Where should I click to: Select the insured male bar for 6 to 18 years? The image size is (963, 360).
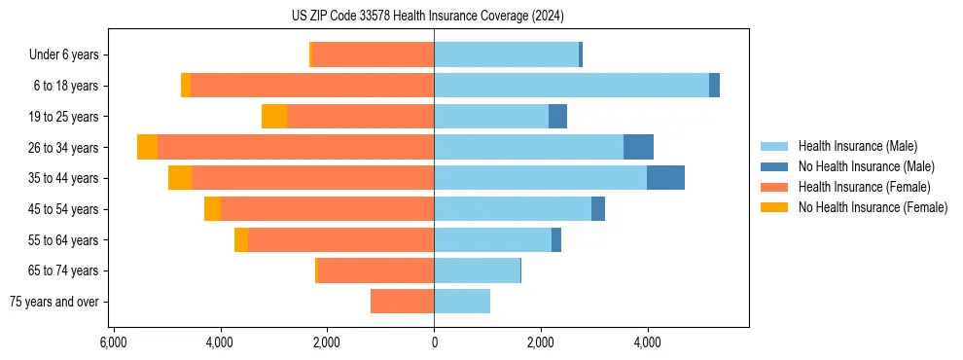click(x=571, y=86)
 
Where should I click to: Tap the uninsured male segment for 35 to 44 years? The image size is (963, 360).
click(x=665, y=178)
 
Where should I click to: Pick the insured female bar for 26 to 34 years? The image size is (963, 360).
click(x=296, y=147)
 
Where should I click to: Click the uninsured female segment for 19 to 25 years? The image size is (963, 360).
click(x=274, y=117)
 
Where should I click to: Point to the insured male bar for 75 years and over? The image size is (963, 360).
click(x=462, y=302)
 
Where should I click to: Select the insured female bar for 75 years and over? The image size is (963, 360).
click(x=402, y=302)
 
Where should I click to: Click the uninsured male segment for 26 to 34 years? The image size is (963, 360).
click(x=638, y=147)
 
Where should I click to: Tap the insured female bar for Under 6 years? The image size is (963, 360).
click(x=373, y=54)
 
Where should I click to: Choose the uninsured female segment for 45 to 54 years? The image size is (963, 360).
click(x=212, y=209)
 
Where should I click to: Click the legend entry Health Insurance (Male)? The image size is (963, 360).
click(x=857, y=147)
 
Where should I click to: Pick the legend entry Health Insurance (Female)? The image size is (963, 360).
click(x=864, y=187)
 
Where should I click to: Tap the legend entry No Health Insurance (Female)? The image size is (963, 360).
click(x=873, y=207)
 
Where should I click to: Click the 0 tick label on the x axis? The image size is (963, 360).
click(x=434, y=342)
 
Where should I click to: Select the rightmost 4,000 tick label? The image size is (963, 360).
click(x=647, y=342)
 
